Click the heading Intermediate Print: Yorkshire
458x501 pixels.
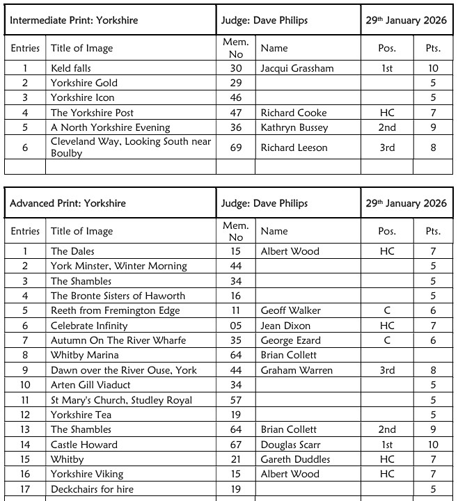click(x=74, y=20)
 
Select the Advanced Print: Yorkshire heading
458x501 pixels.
click(x=68, y=203)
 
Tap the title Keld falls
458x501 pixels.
click(x=71, y=68)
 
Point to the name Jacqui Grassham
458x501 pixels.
click(x=297, y=68)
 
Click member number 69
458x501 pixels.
click(x=236, y=148)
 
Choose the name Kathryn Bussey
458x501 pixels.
click(x=294, y=127)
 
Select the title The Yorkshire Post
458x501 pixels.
click(x=92, y=113)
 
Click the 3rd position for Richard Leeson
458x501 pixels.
click(x=387, y=148)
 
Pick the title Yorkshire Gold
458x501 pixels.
click(x=84, y=83)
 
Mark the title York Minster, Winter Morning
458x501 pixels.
click(x=119, y=266)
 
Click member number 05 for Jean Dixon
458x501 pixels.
click(x=236, y=326)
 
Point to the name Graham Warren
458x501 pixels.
click(x=297, y=370)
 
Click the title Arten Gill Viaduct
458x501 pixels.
click(x=90, y=385)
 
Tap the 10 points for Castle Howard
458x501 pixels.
click(x=433, y=445)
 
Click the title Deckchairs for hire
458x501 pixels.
click(x=92, y=489)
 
